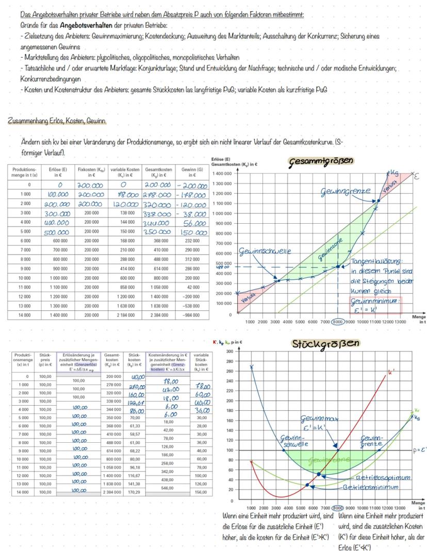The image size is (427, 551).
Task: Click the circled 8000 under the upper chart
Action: [x=337, y=321]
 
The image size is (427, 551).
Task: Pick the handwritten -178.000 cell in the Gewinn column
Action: [x=191, y=195]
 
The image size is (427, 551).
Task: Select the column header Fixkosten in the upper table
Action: [x=91, y=172]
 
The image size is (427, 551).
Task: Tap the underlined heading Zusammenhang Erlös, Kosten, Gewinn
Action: [x=56, y=121]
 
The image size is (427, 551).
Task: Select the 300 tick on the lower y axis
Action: [x=230, y=350]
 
